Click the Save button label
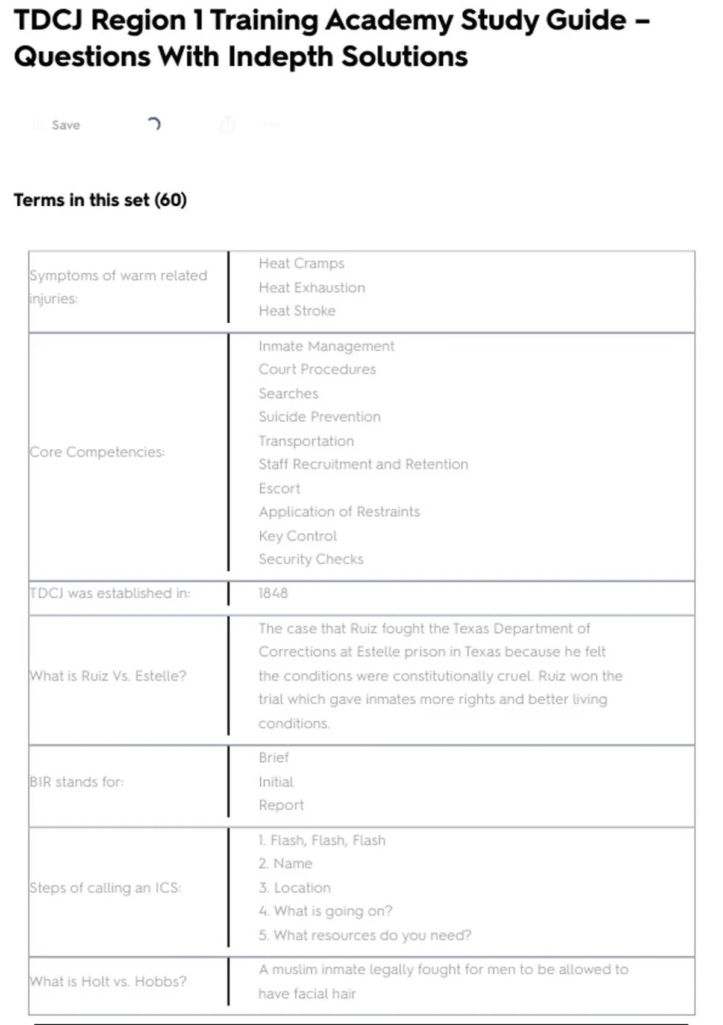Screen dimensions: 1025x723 (66, 125)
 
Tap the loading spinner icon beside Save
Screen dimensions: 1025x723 (154, 124)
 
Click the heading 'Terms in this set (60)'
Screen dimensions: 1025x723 (100, 200)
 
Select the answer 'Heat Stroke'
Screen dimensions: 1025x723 (297, 311)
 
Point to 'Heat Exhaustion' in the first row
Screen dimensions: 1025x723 (311, 288)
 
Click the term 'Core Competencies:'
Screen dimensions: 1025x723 (97, 452)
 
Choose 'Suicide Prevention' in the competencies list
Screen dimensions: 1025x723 (319, 417)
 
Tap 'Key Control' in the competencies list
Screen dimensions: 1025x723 (298, 535)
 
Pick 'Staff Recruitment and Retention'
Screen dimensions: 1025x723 (363, 464)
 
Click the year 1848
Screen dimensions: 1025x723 (273, 593)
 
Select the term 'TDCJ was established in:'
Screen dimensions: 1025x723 (110, 593)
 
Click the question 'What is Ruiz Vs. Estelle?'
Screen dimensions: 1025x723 (108, 675)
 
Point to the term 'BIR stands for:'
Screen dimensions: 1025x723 (77, 781)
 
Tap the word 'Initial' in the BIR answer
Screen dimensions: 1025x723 (276, 781)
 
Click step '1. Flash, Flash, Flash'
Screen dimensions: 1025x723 (322, 840)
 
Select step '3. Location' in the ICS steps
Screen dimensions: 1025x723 (295, 888)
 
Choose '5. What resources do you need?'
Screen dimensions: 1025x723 (365, 935)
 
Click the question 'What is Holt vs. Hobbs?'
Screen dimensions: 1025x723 (108, 981)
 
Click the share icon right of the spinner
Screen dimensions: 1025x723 (228, 124)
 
